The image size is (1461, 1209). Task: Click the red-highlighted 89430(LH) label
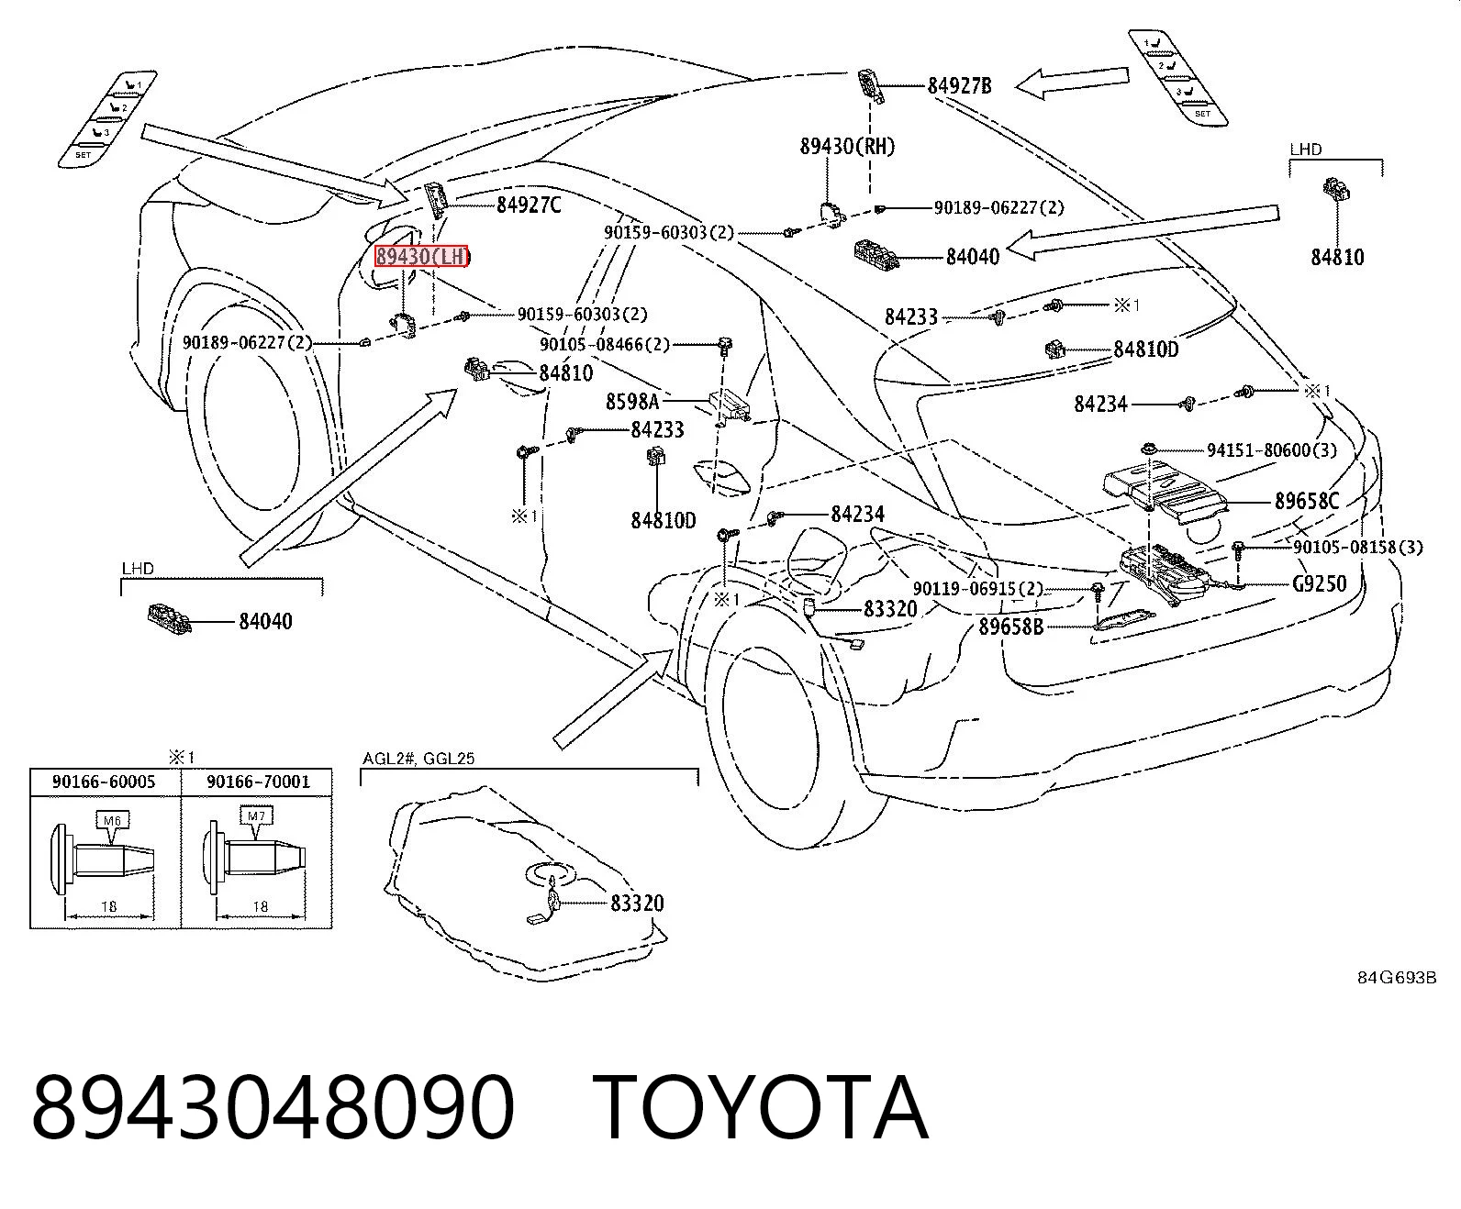click(423, 257)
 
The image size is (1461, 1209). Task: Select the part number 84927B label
click(959, 86)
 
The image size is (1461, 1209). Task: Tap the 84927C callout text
click(529, 205)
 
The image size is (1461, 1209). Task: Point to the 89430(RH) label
click(847, 146)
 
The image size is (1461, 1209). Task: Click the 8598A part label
click(632, 402)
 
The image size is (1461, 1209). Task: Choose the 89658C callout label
click(1306, 501)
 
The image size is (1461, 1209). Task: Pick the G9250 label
click(1319, 583)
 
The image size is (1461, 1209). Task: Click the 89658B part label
click(1010, 627)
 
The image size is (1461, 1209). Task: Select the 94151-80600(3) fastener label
click(1271, 449)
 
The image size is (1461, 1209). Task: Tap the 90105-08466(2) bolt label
click(605, 344)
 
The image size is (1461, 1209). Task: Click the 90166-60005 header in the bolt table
click(104, 782)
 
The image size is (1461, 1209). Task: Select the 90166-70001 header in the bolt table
click(258, 782)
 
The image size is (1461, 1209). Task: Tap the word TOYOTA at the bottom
click(760, 1109)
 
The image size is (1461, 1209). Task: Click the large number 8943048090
click(273, 1109)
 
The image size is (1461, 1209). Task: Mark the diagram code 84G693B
click(1397, 978)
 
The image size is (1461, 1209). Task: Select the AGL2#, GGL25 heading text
click(418, 759)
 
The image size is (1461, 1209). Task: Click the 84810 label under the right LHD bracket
click(1337, 258)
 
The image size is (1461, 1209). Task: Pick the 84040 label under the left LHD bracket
click(265, 621)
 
